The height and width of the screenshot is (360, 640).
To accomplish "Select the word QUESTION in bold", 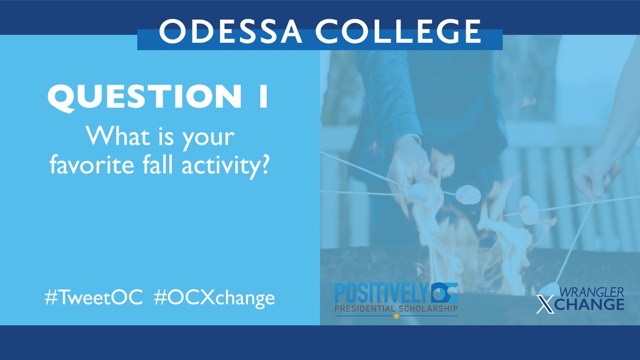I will (x=137, y=98).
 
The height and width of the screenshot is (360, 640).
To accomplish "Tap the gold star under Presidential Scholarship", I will (x=396, y=316).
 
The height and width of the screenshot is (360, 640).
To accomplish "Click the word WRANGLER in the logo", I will (x=593, y=292).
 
